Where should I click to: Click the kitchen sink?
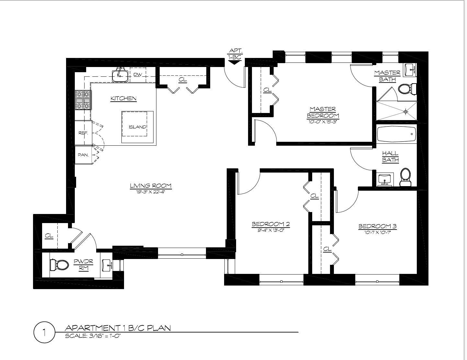coord(120,76)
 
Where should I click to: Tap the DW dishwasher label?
coord(138,75)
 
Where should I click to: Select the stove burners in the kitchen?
coord(83,100)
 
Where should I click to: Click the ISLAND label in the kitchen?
coord(137,127)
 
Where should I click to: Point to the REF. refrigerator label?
coord(83,133)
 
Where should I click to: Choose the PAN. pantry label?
coord(83,155)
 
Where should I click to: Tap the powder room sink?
coord(107,265)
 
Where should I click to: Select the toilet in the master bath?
coord(407,89)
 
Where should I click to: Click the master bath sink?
coord(410,70)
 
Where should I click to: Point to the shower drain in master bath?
coord(406,112)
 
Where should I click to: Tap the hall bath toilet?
coord(405,177)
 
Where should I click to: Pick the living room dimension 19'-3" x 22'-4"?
coord(151,191)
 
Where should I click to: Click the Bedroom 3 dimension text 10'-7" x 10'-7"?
coord(377,232)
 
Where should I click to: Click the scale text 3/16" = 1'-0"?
coord(93,336)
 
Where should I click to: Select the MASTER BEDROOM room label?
coord(323,112)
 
